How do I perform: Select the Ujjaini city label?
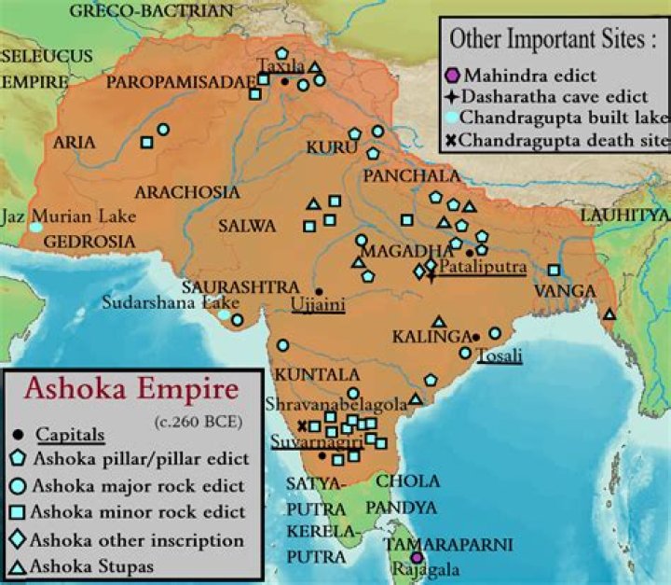tap(318, 304)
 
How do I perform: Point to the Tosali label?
tap(499, 355)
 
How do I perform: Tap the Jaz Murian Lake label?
tap(76, 216)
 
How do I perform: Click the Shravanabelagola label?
tap(335, 404)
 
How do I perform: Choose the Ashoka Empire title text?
tap(130, 388)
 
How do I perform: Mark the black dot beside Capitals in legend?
tap(20, 436)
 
